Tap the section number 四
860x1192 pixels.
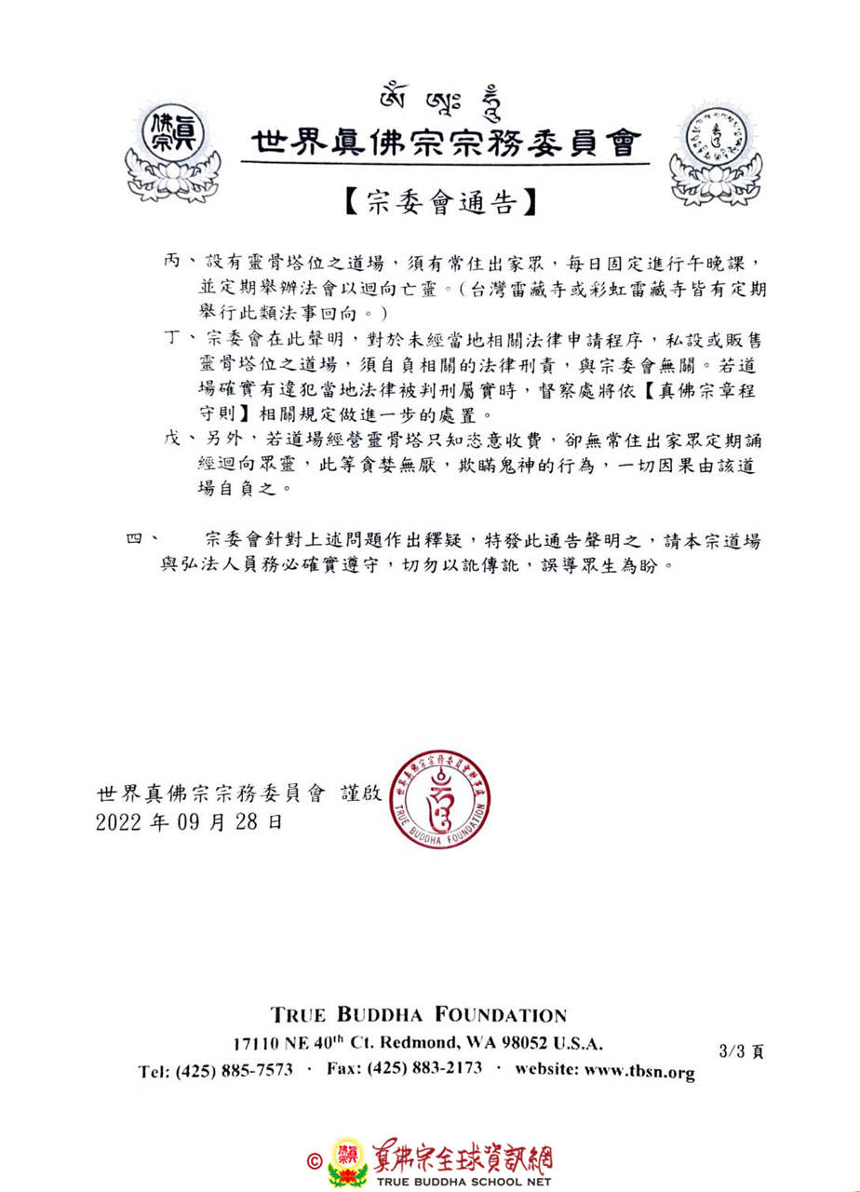coord(136,539)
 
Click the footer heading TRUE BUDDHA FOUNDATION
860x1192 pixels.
coord(418,1015)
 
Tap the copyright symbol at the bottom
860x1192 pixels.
coord(314,1161)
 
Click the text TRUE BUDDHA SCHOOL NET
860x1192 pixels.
coord(464,1181)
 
